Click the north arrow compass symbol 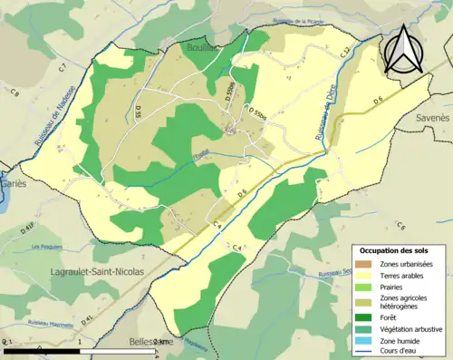pos(404,49)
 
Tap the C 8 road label pos(15,92)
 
